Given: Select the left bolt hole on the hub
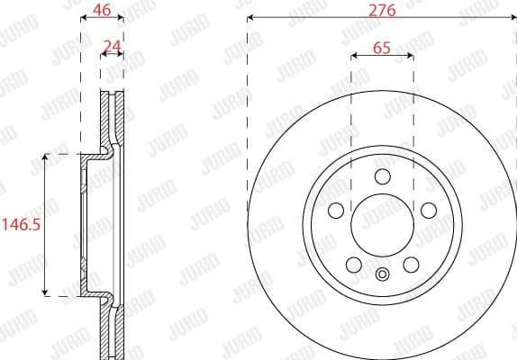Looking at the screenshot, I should click(x=337, y=211).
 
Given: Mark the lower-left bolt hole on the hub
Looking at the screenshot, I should click(x=353, y=265).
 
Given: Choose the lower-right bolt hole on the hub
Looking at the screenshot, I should click(x=410, y=265).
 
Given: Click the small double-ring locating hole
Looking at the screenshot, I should click(x=381, y=276).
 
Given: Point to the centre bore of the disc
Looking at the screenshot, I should click(x=381, y=225).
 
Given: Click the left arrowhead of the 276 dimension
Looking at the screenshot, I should click(x=249, y=17).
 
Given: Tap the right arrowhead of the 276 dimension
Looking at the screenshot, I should click(x=513, y=17).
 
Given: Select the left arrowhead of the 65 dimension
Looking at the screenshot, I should click(x=353, y=56).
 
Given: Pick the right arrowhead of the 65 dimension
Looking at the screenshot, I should click(x=411, y=56).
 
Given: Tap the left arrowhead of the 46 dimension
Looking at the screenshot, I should click(x=83, y=17).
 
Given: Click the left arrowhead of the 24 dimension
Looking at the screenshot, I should click(x=103, y=56).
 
